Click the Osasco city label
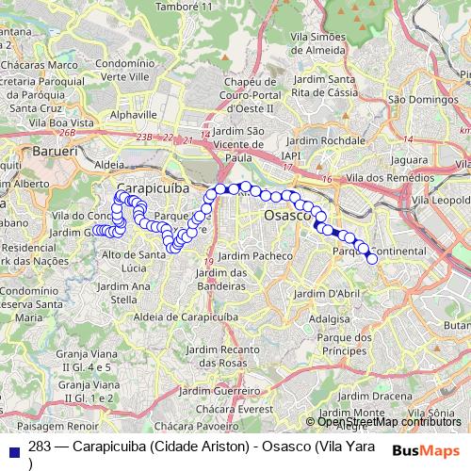click(287, 216)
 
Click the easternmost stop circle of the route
click(372, 258)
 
